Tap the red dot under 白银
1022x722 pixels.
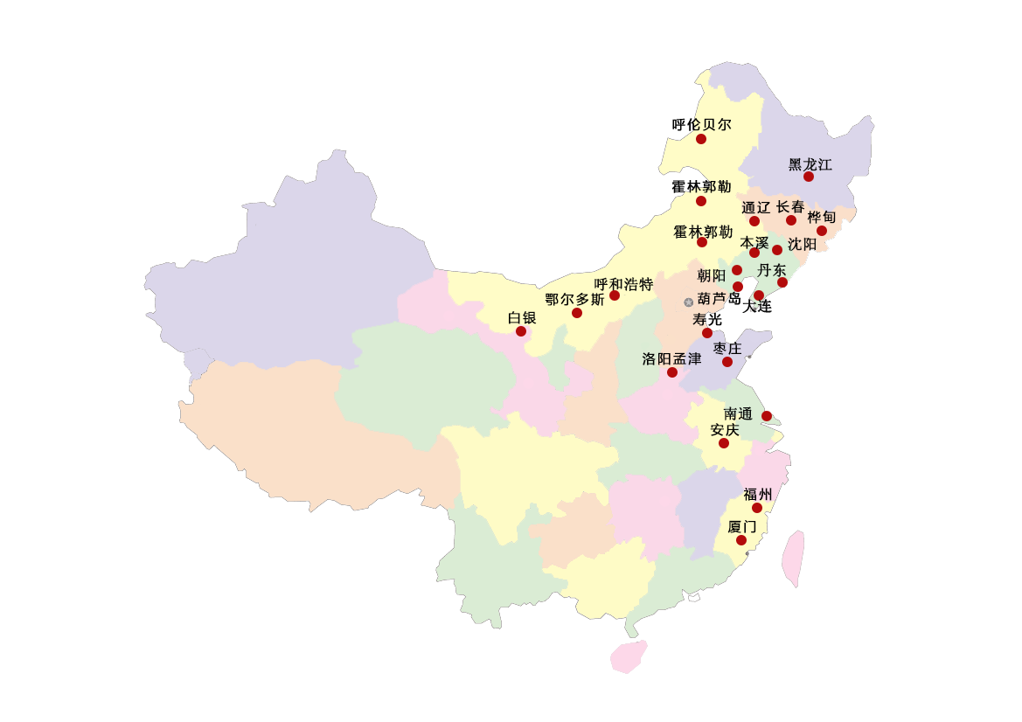521,331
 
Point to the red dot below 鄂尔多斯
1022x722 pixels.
577,313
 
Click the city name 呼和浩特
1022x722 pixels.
623,284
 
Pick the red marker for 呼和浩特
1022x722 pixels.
615,295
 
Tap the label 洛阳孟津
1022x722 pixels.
671,358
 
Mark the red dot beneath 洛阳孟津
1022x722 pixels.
672,372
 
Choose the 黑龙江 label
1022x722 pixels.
810,164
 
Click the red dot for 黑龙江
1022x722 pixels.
809,177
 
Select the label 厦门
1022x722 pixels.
741,527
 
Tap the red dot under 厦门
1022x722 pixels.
741,540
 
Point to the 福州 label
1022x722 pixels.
757,495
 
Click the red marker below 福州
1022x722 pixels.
757,508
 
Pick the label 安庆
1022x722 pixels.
725,430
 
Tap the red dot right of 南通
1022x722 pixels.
768,415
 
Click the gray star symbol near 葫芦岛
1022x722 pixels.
688,302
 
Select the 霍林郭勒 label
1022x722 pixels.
703,233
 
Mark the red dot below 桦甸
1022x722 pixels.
822,231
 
